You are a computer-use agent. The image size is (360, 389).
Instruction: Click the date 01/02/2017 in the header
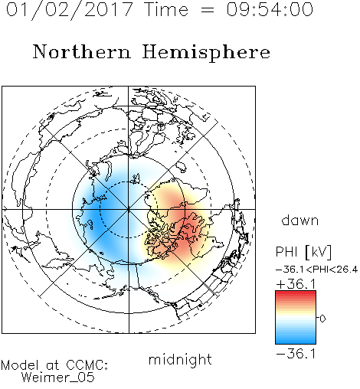coord(70,10)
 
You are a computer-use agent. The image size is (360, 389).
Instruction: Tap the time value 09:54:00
coord(270,9)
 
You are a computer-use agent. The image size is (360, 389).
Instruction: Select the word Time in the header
coord(166,9)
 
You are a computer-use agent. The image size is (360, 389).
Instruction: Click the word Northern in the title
coord(82,51)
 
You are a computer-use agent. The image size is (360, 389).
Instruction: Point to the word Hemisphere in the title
coord(206,53)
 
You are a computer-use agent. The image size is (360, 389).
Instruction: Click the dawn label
coord(300,220)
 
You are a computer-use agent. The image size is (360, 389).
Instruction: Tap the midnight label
coord(180,359)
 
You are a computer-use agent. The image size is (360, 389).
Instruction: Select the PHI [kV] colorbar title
coord(303,251)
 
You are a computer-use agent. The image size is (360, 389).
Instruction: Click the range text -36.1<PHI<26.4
coord(316,270)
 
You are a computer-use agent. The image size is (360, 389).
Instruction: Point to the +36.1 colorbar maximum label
coord(296,284)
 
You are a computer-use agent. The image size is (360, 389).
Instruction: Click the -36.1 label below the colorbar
coord(296,354)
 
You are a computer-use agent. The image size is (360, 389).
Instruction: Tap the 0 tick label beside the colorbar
coord(322,319)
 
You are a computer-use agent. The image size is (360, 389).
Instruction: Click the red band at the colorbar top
coord(296,294)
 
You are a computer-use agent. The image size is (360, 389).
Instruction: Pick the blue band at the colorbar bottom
coord(296,341)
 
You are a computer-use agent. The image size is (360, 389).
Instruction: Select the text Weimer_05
coord(57,378)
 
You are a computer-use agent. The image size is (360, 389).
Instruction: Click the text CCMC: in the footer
coord(87,365)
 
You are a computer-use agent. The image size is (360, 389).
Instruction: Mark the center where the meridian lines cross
coord(128,210)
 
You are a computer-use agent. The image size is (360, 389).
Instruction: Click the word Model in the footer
coord(20,365)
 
